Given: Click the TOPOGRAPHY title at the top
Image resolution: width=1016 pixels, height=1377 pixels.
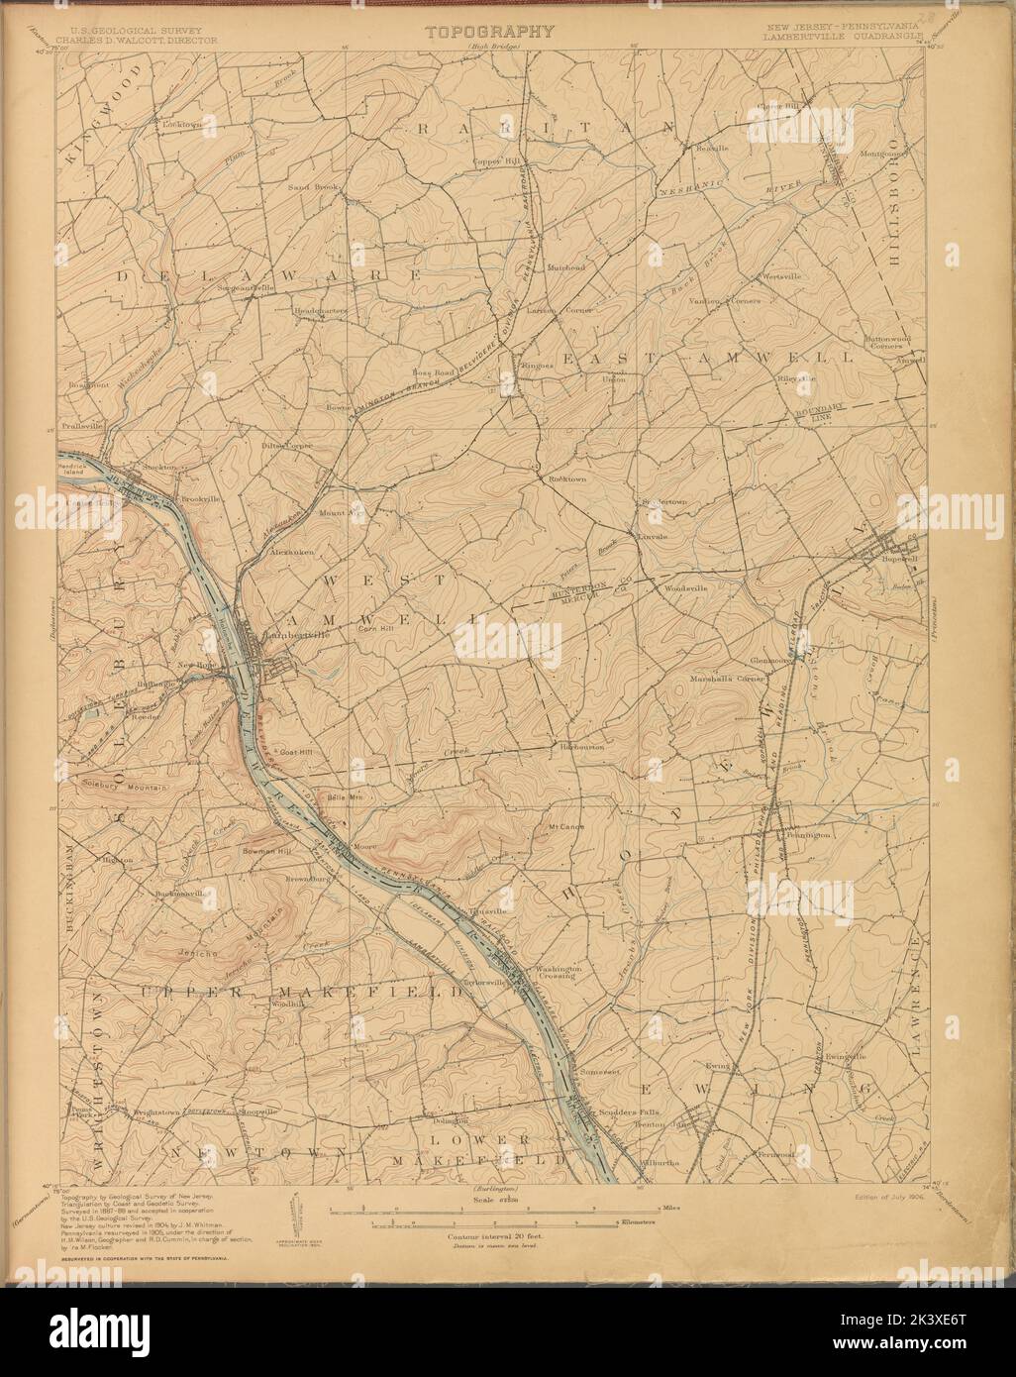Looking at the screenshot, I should coord(489,32).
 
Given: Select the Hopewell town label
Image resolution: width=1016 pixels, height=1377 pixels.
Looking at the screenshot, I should coord(895,558).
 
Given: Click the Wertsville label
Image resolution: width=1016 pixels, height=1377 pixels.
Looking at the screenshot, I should coord(779,275).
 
